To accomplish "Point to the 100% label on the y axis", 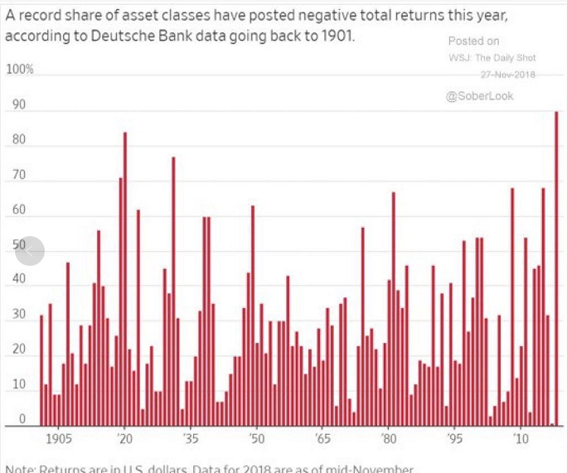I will pyautogui.click(x=20, y=70).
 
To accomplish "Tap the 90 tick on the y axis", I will pyautogui.click(x=18, y=105).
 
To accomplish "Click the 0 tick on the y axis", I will pyautogui.click(x=23, y=419).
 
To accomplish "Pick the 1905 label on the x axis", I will pyautogui.click(x=59, y=437).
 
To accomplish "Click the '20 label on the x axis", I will pyautogui.click(x=125, y=437).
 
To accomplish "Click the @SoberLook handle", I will pyautogui.click(x=479, y=96).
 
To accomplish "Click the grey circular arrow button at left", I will pyautogui.click(x=30, y=251).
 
